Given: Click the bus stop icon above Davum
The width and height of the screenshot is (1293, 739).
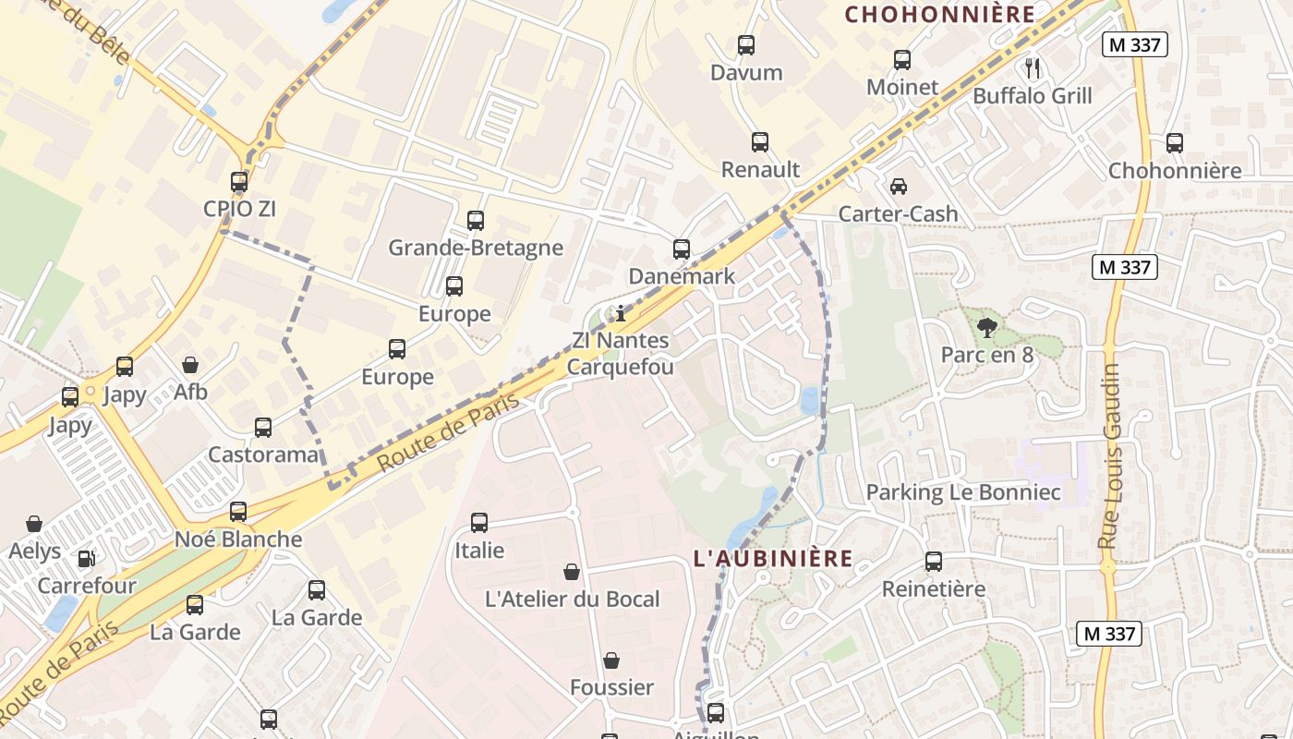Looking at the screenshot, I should tap(745, 44).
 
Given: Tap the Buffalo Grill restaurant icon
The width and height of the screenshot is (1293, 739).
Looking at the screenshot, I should tap(1033, 67).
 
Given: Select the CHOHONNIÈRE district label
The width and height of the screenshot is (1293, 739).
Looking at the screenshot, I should tap(940, 14).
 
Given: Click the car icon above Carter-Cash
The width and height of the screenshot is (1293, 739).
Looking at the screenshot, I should tap(898, 186).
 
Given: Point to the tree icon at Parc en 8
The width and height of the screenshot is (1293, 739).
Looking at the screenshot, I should tap(986, 326).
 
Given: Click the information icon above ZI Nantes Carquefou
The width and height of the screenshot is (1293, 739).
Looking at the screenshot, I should tap(621, 313).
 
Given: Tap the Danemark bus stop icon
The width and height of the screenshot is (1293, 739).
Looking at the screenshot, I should tap(682, 248).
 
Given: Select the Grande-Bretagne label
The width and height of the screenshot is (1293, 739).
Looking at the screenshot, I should tap(475, 248).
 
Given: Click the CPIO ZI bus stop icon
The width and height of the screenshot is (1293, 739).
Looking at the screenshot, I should tap(239, 181).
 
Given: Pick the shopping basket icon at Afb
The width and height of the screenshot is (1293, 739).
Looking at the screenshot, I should tap(190, 365).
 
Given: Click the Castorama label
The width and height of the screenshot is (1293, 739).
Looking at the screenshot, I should tap(262, 454).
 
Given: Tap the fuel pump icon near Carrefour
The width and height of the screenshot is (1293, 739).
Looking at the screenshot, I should tap(86, 558).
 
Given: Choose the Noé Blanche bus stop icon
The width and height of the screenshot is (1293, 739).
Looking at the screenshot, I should tap(238, 511).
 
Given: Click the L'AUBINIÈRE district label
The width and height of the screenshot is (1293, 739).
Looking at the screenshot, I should tap(772, 558).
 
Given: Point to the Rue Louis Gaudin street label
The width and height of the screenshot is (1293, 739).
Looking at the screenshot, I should tap(1109, 457).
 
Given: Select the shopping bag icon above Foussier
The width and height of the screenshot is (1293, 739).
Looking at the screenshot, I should tap(611, 660).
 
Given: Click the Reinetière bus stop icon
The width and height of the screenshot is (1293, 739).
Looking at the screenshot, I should tap(934, 561).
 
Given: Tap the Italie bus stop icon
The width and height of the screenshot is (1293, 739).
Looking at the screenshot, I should tap(479, 522).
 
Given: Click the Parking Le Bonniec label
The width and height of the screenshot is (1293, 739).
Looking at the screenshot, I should tap(962, 492).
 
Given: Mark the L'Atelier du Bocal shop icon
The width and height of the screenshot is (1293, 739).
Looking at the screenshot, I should tap(572, 572).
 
